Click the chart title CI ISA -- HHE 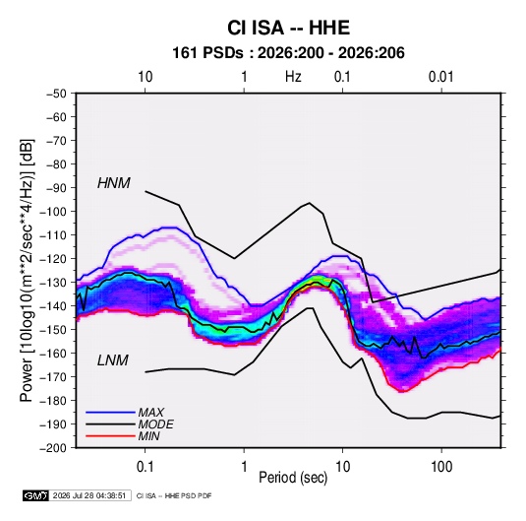pyautogui.click(x=288, y=28)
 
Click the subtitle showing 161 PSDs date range pyautogui.click(x=288, y=53)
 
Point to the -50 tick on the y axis pyautogui.click(x=56, y=94)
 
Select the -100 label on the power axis pyautogui.click(x=53, y=212)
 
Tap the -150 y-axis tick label pyautogui.click(x=53, y=329)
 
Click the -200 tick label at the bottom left pyautogui.click(x=53, y=448)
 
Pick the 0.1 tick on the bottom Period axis pyautogui.click(x=145, y=467)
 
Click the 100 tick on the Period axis pyautogui.click(x=441, y=467)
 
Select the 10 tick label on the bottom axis pyautogui.click(x=342, y=467)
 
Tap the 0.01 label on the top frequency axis pyautogui.click(x=440, y=77)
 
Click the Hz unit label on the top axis pyautogui.click(x=293, y=77)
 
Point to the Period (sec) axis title pyautogui.click(x=293, y=478)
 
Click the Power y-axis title pyautogui.click(x=27, y=271)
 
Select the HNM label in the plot pyautogui.click(x=114, y=183)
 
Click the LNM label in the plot pyautogui.click(x=113, y=360)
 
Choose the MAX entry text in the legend pyautogui.click(x=151, y=413)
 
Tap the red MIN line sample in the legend pyautogui.click(x=110, y=436)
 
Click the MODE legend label pyautogui.click(x=155, y=424)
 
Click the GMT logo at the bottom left pyautogui.click(x=36, y=495)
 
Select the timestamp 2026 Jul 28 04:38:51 pyautogui.click(x=89, y=495)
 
